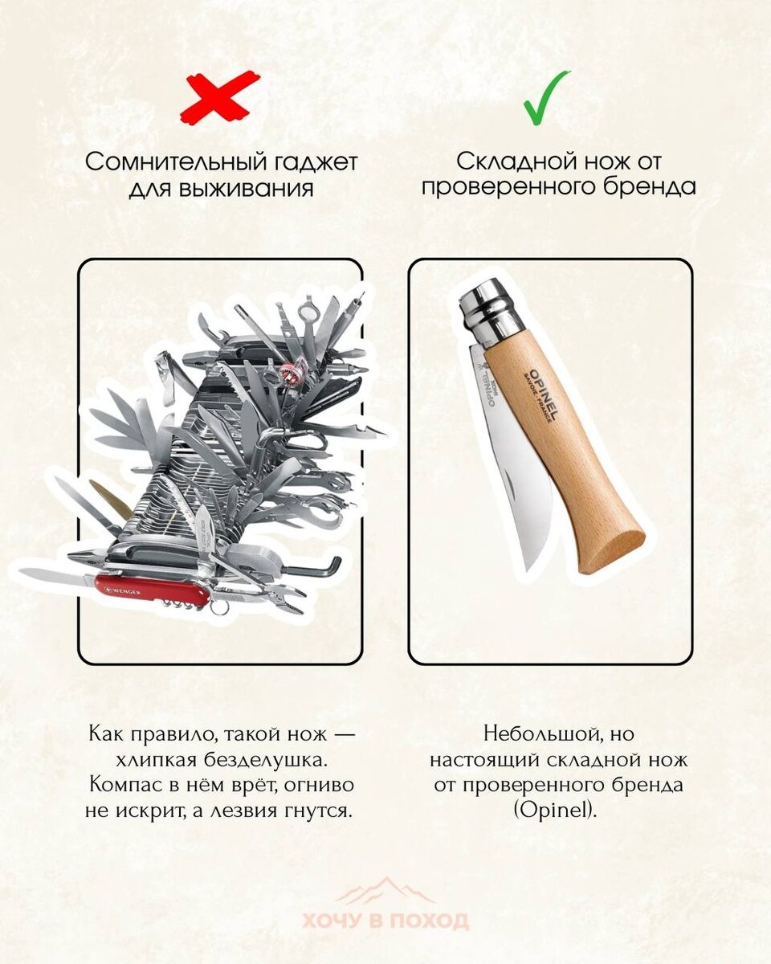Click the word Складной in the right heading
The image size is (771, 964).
click(x=514, y=162)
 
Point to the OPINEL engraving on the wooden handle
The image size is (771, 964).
click(x=544, y=394)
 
